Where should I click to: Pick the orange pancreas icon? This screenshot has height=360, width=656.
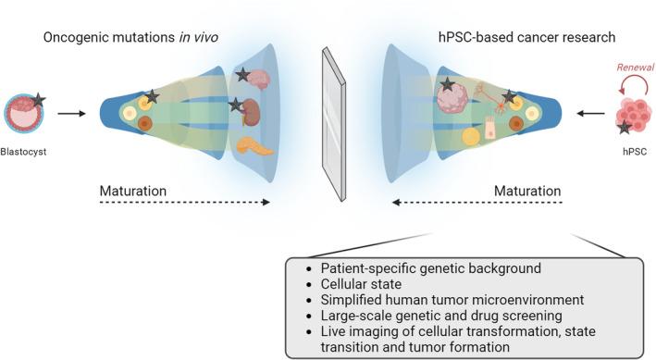tap(254, 146)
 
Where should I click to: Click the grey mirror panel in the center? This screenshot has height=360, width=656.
tap(331, 119)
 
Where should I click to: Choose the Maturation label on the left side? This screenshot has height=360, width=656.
tap(133, 192)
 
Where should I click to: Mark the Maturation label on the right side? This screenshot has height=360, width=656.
tap(527, 192)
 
